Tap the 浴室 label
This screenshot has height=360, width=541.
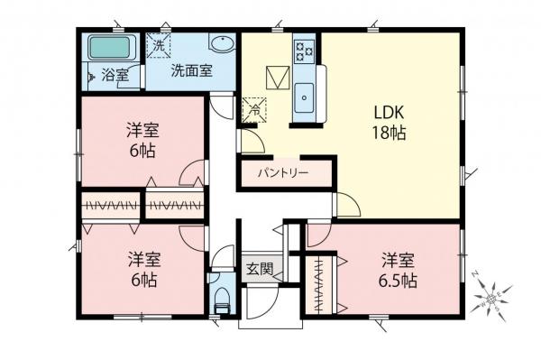[x=115, y=75]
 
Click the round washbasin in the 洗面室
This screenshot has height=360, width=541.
[x=221, y=46]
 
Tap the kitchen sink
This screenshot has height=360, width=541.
[x=304, y=93]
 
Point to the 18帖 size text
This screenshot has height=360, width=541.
[x=391, y=134]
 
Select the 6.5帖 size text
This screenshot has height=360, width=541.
[x=398, y=281]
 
